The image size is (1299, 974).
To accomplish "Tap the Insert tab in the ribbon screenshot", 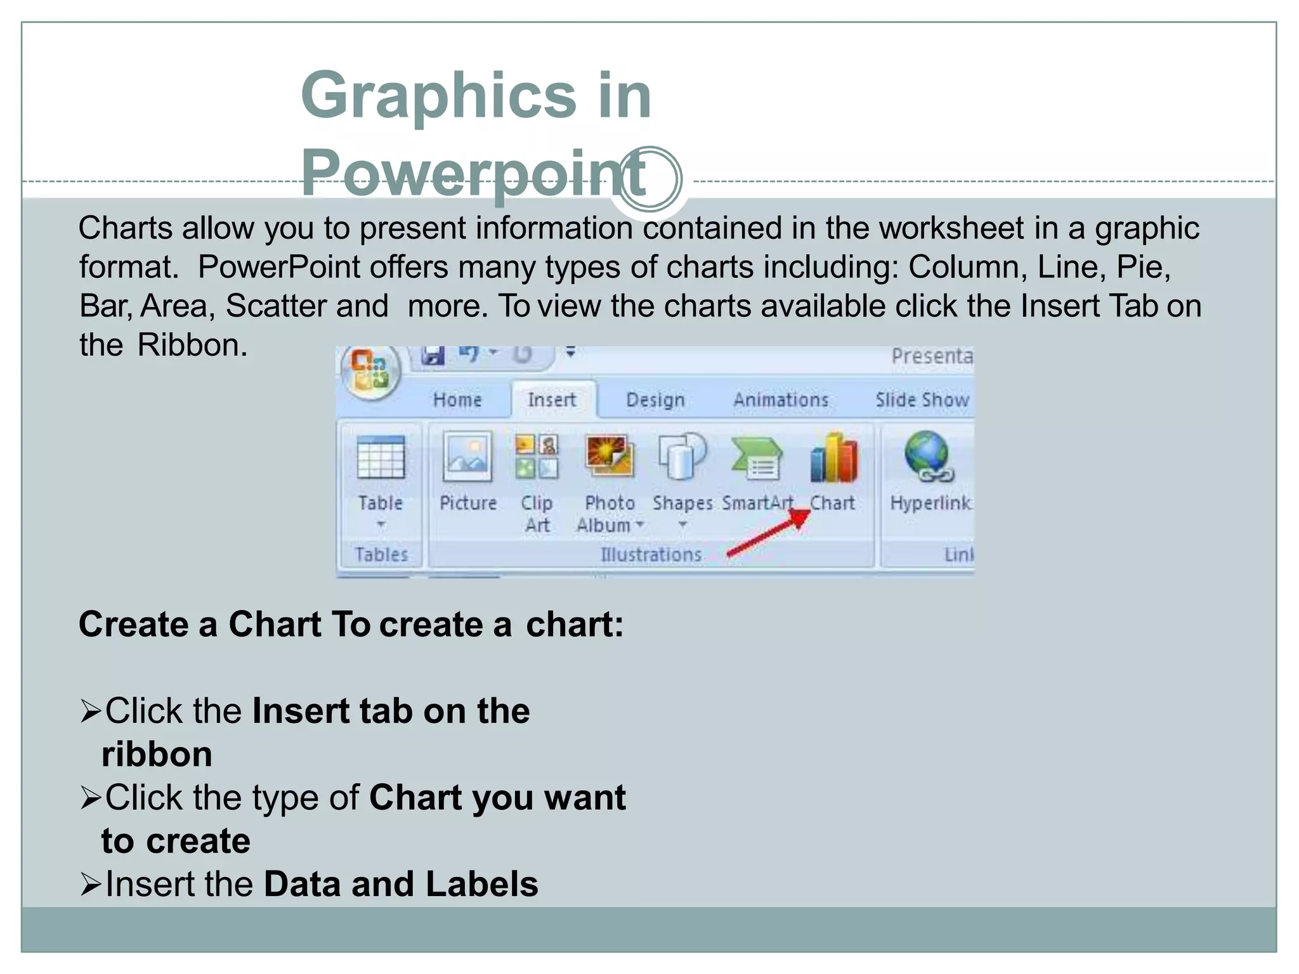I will (551, 400).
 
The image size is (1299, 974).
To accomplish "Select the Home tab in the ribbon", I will (457, 400).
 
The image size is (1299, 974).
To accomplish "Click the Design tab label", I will (655, 400).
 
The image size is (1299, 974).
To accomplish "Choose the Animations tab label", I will (781, 400).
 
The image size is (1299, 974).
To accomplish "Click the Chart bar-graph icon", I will (833, 458).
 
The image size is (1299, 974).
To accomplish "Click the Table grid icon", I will (381, 457).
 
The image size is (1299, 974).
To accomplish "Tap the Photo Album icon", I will (609, 456).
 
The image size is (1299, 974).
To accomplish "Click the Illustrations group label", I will (651, 555).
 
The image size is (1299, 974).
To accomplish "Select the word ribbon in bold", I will (157, 755).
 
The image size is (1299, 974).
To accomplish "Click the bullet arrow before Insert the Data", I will (91, 885).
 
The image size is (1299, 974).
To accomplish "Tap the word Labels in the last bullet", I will (481, 885).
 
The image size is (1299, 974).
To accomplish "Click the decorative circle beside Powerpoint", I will (650, 179).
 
